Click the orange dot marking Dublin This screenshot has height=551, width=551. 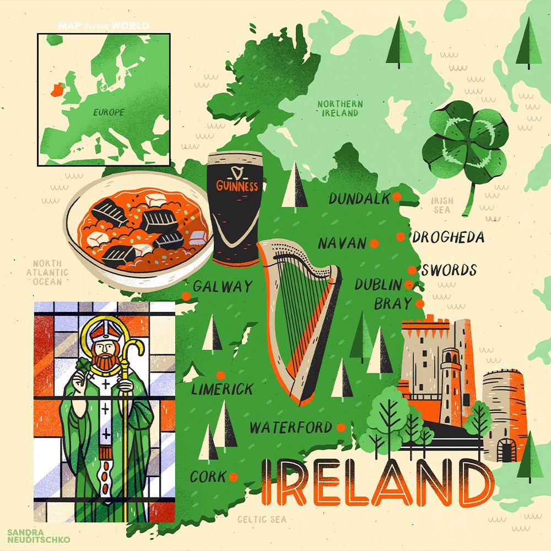pyautogui.click(x=409, y=284)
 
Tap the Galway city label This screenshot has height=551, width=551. pyautogui.click(x=223, y=287)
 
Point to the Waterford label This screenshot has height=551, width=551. pyautogui.click(x=291, y=428)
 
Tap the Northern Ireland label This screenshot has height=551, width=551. pyautogui.click(x=340, y=108)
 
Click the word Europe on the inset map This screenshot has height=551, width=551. pyautogui.click(x=109, y=112)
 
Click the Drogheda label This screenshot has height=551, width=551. pyautogui.click(x=449, y=237)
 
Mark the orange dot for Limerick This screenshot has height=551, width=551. pyautogui.click(x=220, y=375)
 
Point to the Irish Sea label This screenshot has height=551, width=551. pyautogui.click(x=442, y=205)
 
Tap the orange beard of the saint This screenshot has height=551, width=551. pyautogui.click(x=102, y=361)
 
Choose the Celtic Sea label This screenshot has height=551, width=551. pyautogui.click(x=261, y=519)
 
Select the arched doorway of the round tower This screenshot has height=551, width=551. pyautogui.click(x=505, y=452)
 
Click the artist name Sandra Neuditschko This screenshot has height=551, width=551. pyautogui.click(x=39, y=536)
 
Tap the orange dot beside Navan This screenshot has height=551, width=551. pyautogui.click(x=374, y=243)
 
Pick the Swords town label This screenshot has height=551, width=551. pyautogui.click(x=449, y=271)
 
